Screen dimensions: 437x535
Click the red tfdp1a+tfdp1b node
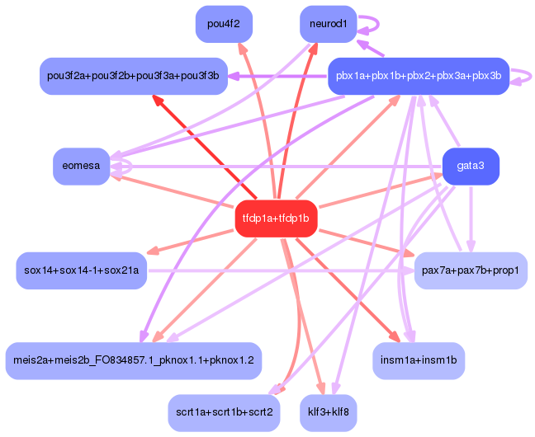click(x=276, y=218)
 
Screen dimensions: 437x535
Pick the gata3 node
click(x=471, y=166)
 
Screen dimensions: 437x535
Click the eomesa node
click(x=81, y=166)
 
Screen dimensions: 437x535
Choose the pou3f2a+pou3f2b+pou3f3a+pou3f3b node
click(x=133, y=76)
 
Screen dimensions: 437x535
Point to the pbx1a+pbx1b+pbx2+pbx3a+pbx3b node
click(x=418, y=76)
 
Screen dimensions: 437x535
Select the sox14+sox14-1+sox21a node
click(x=81, y=270)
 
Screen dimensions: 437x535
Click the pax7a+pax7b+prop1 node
click(x=470, y=270)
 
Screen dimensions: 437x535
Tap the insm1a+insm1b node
click(x=419, y=360)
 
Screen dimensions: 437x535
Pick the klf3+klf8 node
click(x=328, y=411)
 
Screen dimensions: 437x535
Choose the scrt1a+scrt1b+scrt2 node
click(x=224, y=411)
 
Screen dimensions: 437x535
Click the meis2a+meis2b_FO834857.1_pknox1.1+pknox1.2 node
click(x=133, y=360)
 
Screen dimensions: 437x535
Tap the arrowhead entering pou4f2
click(x=241, y=47)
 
